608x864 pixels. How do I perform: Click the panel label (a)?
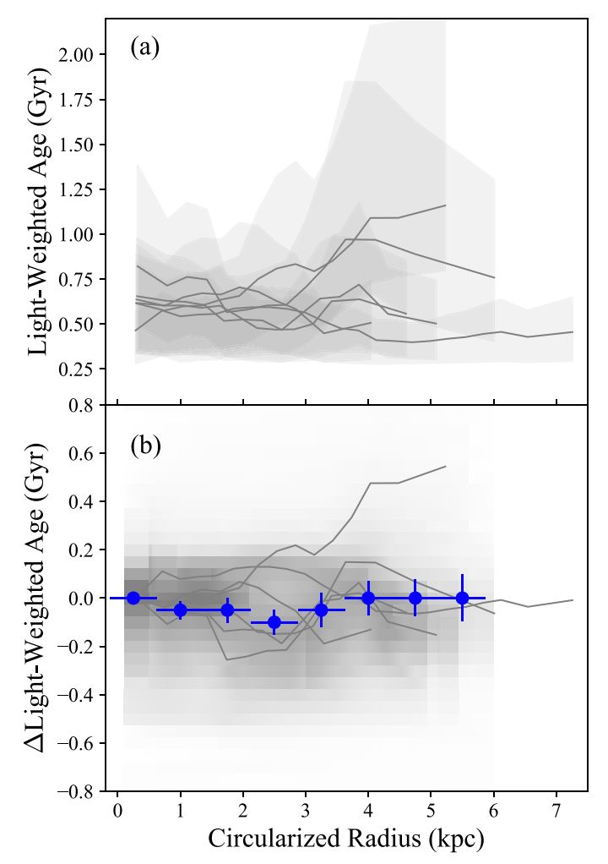tap(144, 48)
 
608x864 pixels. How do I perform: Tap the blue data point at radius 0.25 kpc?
tap(133, 598)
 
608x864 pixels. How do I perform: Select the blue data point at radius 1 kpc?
tap(180, 610)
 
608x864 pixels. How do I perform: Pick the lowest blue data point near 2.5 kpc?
tap(274, 622)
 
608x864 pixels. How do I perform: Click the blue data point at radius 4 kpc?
tap(368, 598)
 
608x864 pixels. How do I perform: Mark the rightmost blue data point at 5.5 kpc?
tap(462, 598)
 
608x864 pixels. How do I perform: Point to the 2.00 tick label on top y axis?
tap(83, 55)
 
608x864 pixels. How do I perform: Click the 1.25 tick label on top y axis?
tap(83, 189)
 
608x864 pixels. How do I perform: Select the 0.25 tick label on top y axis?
tap(83, 369)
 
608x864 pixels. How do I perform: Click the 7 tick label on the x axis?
tap(556, 813)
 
